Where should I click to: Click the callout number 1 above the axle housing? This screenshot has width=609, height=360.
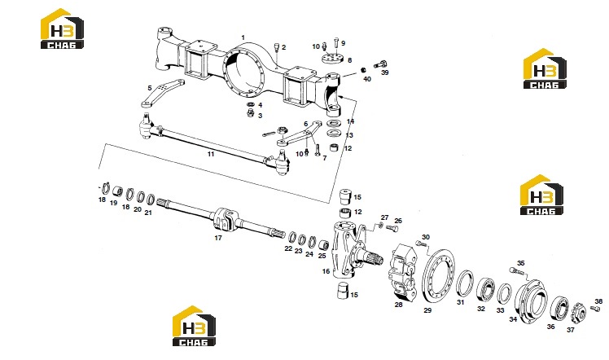(x=243, y=37)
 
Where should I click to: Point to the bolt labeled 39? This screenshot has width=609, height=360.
(x=381, y=64)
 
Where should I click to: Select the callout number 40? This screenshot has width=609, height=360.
(x=367, y=79)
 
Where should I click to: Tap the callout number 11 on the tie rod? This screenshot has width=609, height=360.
(x=211, y=154)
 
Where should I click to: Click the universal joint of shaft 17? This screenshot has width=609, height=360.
(x=223, y=220)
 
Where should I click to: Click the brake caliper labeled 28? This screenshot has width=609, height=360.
(x=403, y=272)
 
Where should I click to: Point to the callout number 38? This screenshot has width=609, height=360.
(x=598, y=301)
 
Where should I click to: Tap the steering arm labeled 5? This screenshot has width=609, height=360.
(x=162, y=93)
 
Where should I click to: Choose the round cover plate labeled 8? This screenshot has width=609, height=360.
(x=333, y=59)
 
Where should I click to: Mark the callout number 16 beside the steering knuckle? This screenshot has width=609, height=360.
(x=326, y=271)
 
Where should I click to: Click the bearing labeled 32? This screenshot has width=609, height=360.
(x=485, y=289)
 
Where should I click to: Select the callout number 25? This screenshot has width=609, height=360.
(x=322, y=257)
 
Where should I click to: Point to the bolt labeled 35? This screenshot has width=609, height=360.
(x=514, y=270)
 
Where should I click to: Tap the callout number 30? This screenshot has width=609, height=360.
(x=426, y=237)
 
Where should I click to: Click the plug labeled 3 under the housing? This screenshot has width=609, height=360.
(x=251, y=112)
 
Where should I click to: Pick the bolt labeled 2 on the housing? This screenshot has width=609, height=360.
(x=277, y=46)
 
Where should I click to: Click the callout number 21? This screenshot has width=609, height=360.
(x=148, y=213)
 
